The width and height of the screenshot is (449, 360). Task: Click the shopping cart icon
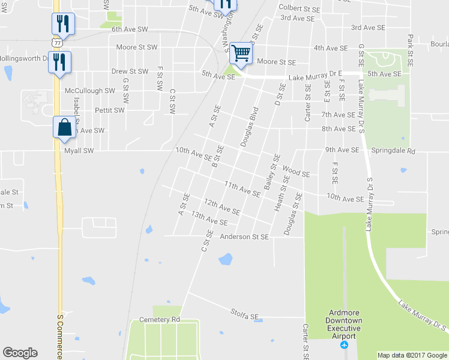pos(241,53)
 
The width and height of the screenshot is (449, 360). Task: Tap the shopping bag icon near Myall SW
pos(64,128)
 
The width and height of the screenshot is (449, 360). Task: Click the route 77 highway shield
pos(56,43)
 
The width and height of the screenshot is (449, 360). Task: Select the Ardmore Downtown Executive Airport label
pos(344,325)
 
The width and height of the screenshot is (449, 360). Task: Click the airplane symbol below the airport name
pos(344,345)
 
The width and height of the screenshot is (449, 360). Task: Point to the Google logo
pos(20,353)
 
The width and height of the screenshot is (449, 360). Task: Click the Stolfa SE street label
pos(244,313)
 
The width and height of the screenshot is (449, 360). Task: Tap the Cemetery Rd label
pos(159,320)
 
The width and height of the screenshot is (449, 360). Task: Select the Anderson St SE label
pos(244,237)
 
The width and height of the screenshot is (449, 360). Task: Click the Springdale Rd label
pos(393,151)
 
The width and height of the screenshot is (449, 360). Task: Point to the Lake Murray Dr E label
pos(314,77)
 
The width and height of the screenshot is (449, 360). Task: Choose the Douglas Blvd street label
pos(249,127)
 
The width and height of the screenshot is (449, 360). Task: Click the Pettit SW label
pos(110,110)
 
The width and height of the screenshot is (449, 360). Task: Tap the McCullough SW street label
pos(89,91)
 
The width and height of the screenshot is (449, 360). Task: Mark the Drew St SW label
pos(130,71)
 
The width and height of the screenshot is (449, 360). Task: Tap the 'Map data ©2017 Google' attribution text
pos(412,355)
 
